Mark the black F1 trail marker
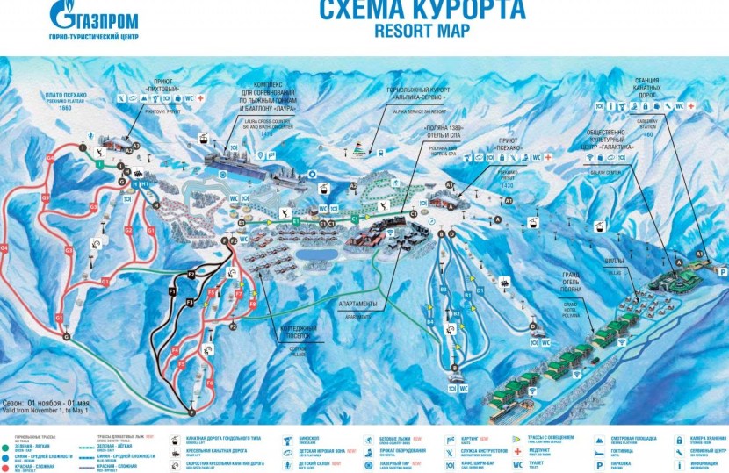[173, 289]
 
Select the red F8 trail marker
[252, 304]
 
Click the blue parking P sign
[722, 272]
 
